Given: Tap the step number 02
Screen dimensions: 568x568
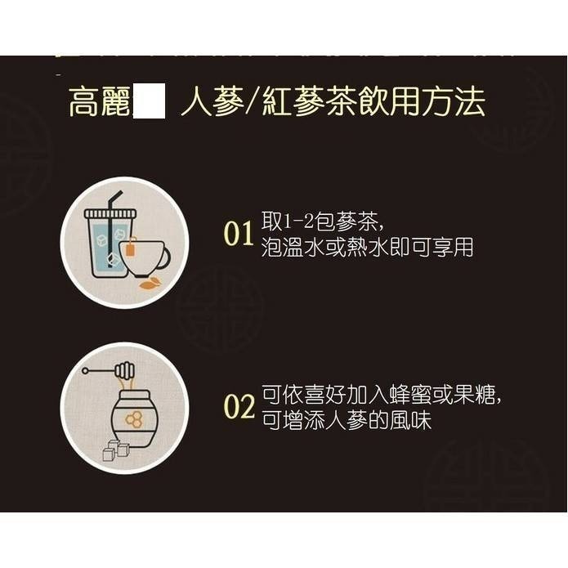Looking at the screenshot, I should tap(239, 407).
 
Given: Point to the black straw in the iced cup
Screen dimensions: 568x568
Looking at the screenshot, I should tap(114, 206).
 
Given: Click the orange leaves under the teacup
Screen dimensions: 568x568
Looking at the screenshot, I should tap(150, 284).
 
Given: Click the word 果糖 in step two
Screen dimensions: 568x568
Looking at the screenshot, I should tap(477, 396).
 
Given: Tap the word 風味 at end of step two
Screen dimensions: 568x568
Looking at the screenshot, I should tap(412, 422).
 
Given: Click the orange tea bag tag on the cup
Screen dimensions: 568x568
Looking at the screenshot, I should tap(130, 245).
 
